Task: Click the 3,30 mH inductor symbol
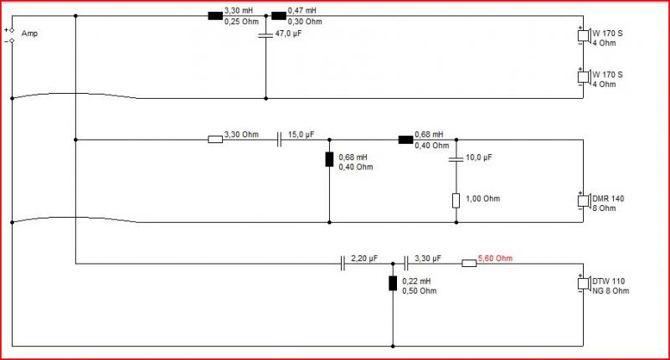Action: [215, 16]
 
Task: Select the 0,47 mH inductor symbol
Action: [279, 16]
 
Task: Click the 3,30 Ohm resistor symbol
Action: [215, 139]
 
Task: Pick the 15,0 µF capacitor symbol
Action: [279, 139]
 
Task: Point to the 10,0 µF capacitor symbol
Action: [456, 159]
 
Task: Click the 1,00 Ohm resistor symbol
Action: [456, 201]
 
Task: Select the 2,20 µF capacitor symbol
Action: [343, 263]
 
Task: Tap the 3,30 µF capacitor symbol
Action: [406, 263]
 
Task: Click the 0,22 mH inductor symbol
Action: [393, 284]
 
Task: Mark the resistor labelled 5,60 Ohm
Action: [469, 264]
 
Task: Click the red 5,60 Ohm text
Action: [495, 259]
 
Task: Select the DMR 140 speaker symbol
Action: [583, 201]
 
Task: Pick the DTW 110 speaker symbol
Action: [583, 283]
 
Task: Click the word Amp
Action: [29, 33]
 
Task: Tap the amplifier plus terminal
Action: [12, 30]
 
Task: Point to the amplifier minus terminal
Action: [12, 41]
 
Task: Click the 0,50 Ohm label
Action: [420, 291]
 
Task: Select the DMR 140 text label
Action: [608, 198]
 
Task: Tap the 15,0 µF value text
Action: [301, 135]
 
